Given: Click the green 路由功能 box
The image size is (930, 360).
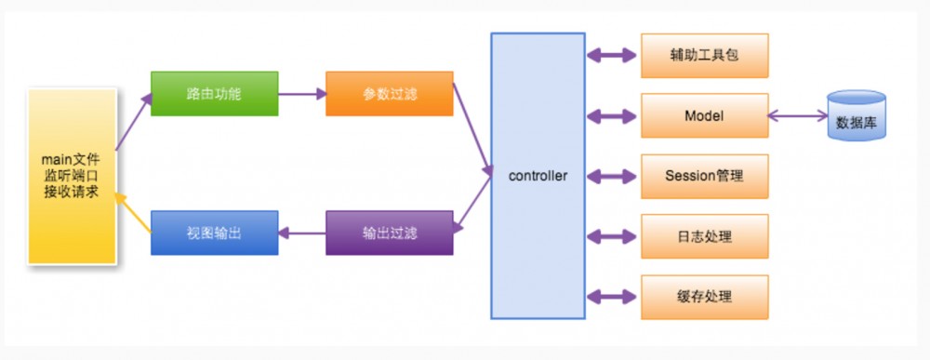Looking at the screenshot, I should click(x=214, y=94).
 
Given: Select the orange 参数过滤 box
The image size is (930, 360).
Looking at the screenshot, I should click(x=389, y=94).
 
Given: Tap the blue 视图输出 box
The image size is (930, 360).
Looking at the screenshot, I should click(x=214, y=233).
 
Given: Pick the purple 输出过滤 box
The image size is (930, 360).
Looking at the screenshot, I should click(x=389, y=233).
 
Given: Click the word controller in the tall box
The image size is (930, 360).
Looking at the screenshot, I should click(x=538, y=176).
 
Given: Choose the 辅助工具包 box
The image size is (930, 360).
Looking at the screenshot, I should click(x=704, y=56).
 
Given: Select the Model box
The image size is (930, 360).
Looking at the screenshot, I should click(x=704, y=116).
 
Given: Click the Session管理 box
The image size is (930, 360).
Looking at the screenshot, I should click(x=704, y=176).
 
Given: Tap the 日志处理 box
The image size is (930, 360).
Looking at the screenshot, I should click(x=704, y=236).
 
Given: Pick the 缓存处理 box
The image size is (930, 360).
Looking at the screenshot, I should click(x=704, y=297).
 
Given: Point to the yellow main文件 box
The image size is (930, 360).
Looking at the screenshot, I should click(x=72, y=177).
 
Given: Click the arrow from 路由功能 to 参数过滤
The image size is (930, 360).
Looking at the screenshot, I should click(x=301, y=94).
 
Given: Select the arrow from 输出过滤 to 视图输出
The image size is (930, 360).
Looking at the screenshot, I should click(x=301, y=233).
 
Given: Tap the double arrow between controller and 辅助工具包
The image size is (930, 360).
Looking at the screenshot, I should click(x=613, y=56).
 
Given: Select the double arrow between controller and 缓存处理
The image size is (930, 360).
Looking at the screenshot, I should click(x=613, y=297).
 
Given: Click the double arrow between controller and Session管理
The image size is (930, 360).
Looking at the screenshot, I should click(x=613, y=176).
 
